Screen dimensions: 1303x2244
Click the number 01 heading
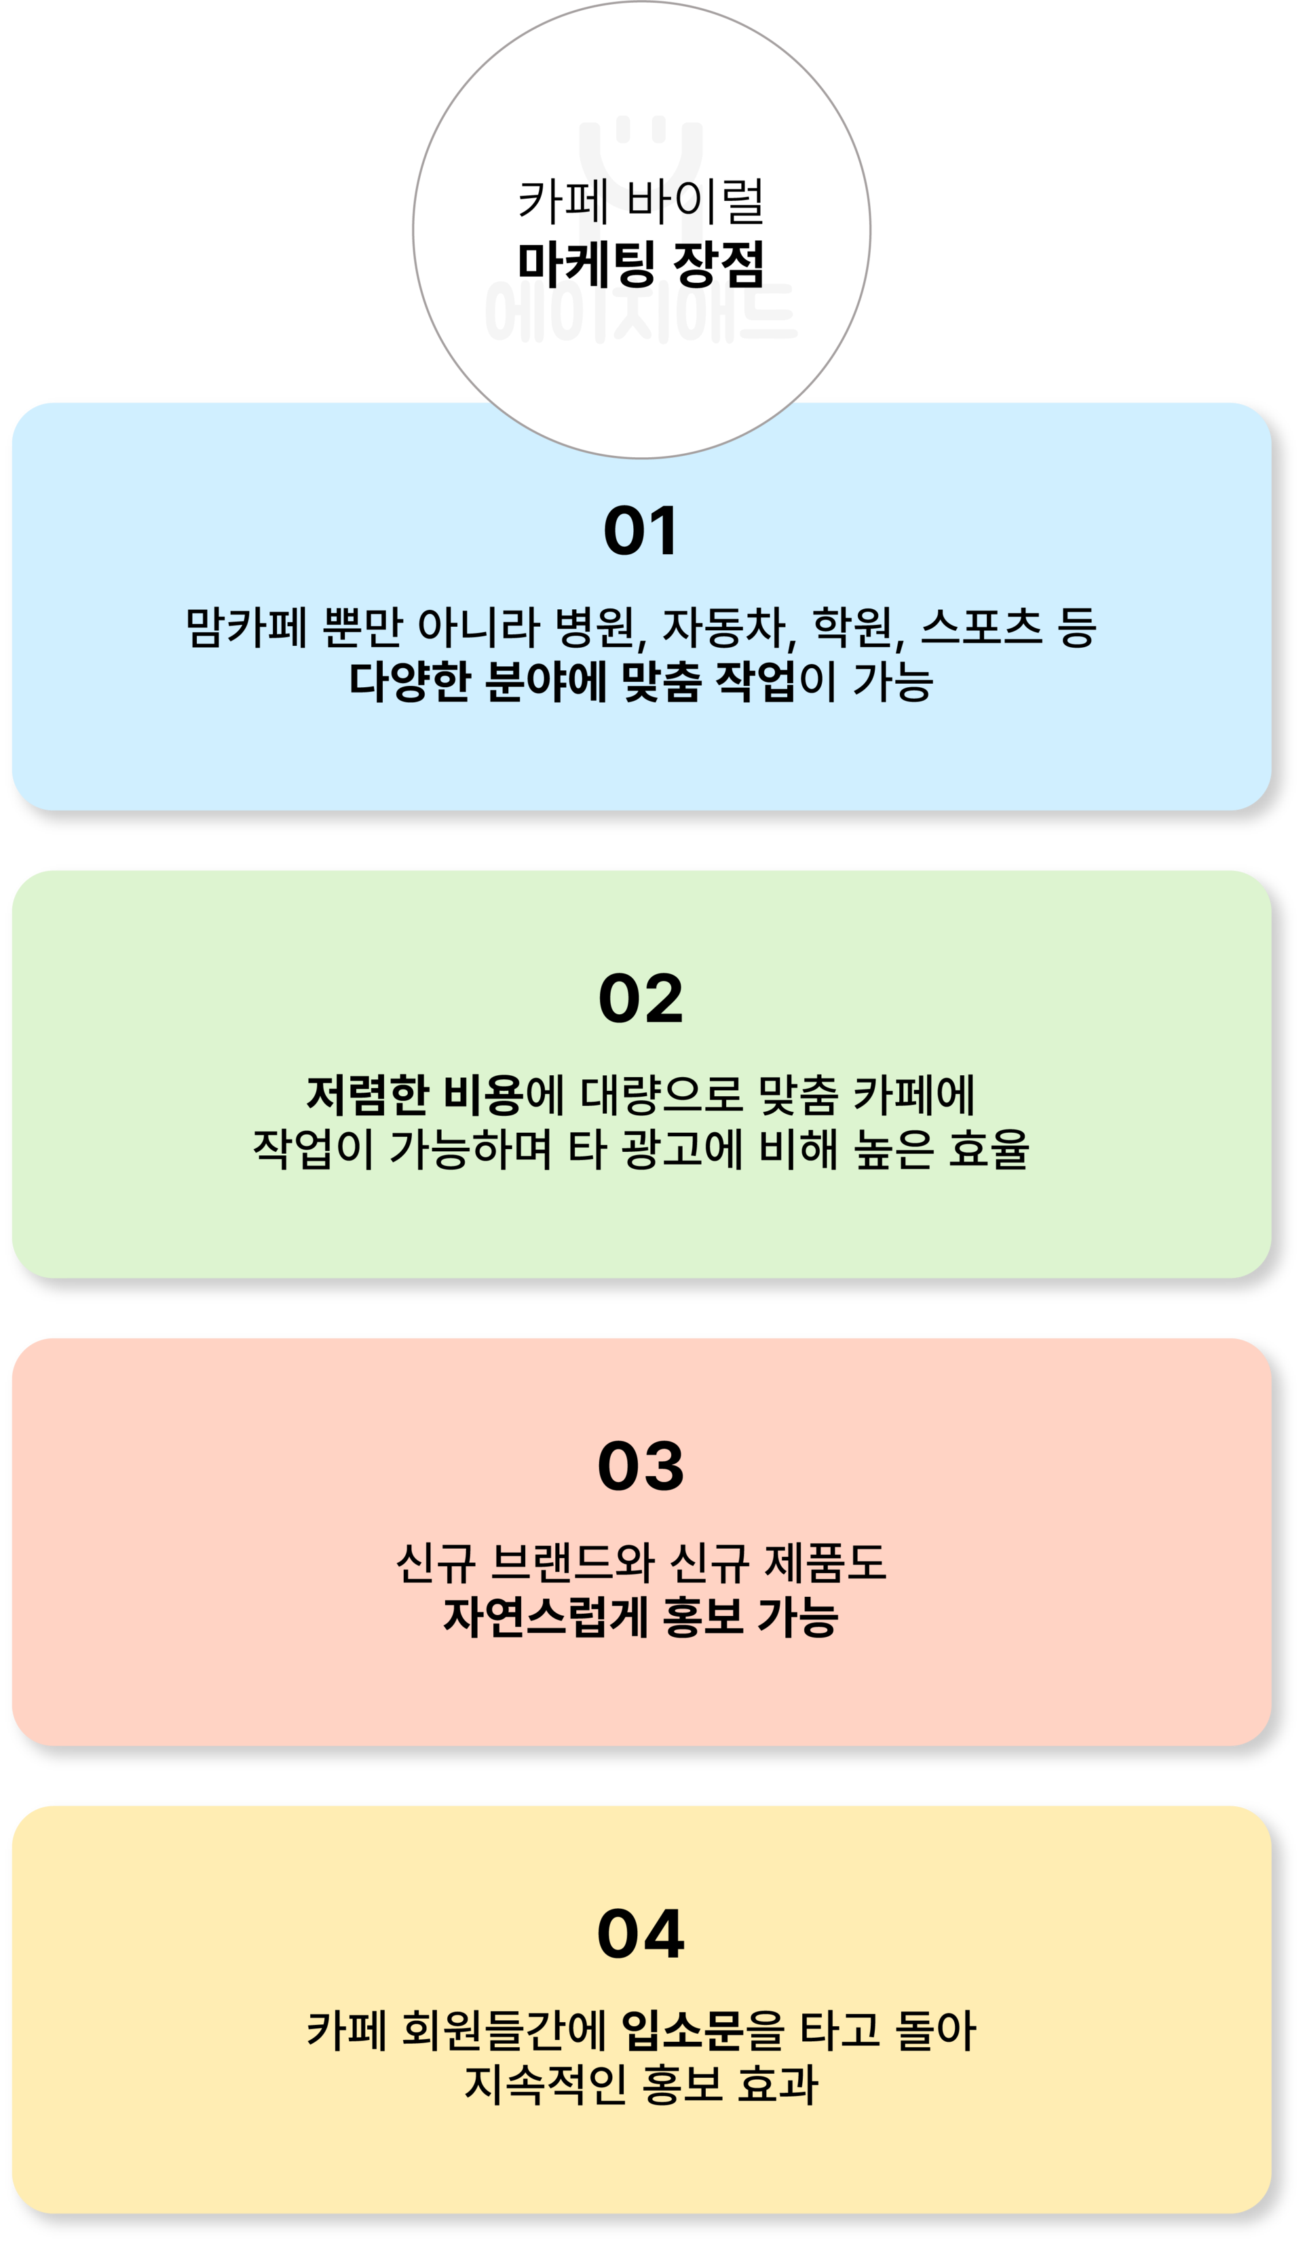641,532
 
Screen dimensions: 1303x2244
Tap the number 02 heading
641,999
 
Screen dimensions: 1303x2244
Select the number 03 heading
641,1467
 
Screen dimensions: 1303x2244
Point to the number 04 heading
641,1934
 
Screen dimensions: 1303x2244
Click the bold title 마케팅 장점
641,265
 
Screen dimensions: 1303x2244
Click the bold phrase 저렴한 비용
413,1096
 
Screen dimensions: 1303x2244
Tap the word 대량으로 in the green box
662,1096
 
